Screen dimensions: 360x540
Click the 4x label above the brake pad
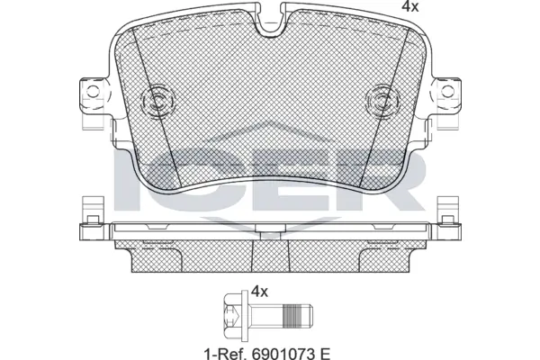pos(385,7)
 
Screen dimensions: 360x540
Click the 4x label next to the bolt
pos(260,292)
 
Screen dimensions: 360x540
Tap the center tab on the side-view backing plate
pos(270,236)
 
